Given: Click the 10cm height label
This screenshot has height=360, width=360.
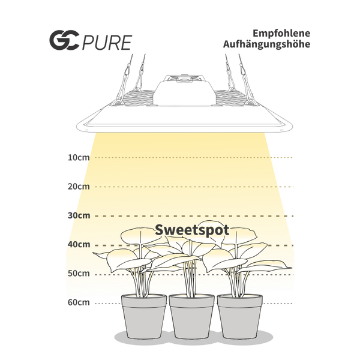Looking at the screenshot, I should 78,158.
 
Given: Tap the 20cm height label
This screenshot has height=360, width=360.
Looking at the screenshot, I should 78,187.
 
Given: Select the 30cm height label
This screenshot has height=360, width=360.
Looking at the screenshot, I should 78,215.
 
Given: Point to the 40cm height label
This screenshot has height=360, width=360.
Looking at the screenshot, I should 78,244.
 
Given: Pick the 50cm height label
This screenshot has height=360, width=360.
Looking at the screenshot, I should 78,274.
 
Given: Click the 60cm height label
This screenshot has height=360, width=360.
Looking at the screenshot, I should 78,302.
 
